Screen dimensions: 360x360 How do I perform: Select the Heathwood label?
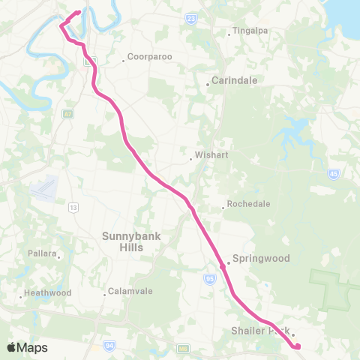point(48,292)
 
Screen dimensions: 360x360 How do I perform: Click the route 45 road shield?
point(332,174)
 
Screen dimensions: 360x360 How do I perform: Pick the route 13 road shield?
point(73,207)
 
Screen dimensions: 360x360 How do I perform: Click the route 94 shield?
point(110,345)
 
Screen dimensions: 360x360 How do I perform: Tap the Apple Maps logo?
point(27,347)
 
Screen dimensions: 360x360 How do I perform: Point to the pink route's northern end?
point(78,12)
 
